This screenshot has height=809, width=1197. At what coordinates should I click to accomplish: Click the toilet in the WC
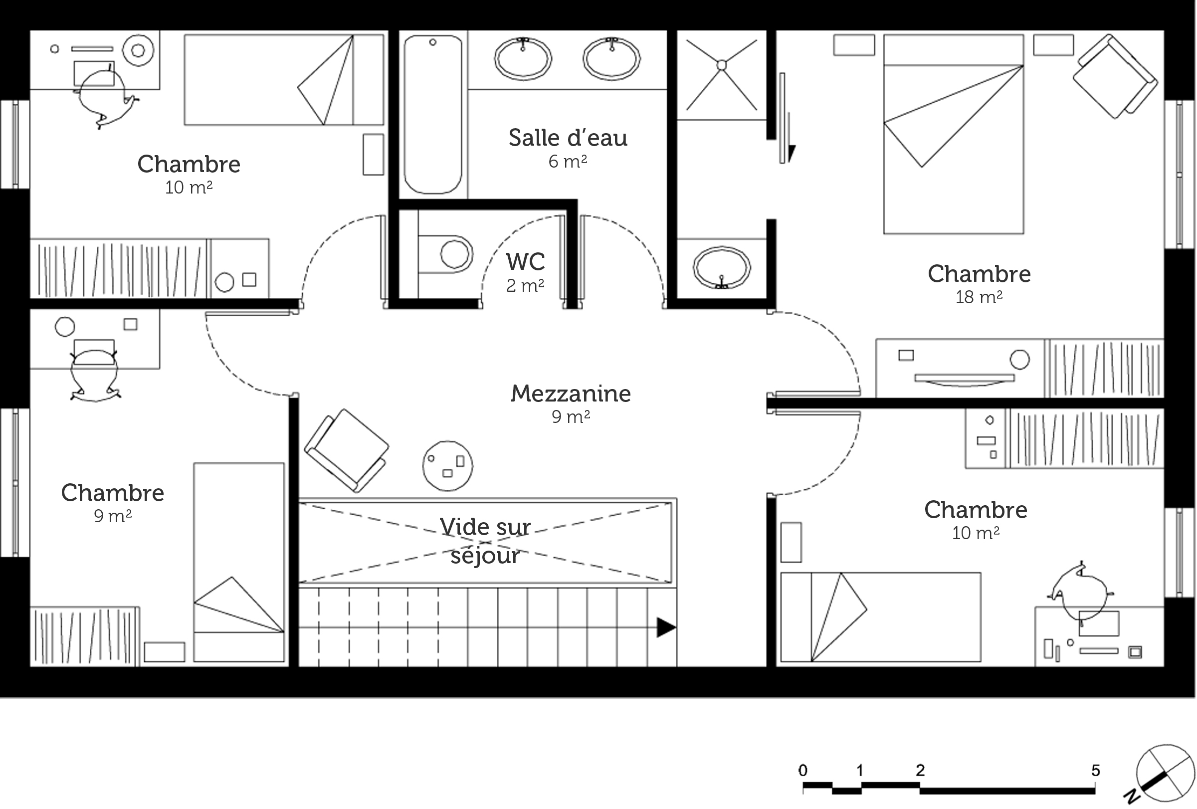coord(446,254)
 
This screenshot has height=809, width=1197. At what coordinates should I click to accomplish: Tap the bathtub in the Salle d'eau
coord(432,114)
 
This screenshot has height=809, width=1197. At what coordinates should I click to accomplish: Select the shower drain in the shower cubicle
coord(722,65)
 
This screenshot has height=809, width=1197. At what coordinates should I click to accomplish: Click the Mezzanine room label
coord(571,394)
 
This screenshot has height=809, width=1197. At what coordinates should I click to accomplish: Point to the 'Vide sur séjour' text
coord(485,541)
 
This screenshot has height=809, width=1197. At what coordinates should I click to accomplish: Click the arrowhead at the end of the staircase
coord(666,628)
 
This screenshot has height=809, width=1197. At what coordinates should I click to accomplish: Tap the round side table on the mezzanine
coord(447,466)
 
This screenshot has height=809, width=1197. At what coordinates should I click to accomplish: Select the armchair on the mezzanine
coord(347,450)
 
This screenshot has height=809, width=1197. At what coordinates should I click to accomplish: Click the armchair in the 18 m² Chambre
coord(1115,76)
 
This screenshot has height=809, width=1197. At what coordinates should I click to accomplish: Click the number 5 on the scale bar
coord(1096,771)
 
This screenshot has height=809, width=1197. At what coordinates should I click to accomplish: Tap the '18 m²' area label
coord(979,297)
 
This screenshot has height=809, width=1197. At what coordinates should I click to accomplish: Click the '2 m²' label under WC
coord(525,285)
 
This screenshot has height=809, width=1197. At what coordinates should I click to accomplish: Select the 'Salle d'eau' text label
coord(568,138)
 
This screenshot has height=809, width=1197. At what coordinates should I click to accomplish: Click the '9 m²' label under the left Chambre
coord(113,515)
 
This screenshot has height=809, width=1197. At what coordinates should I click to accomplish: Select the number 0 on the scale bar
coord(803,771)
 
